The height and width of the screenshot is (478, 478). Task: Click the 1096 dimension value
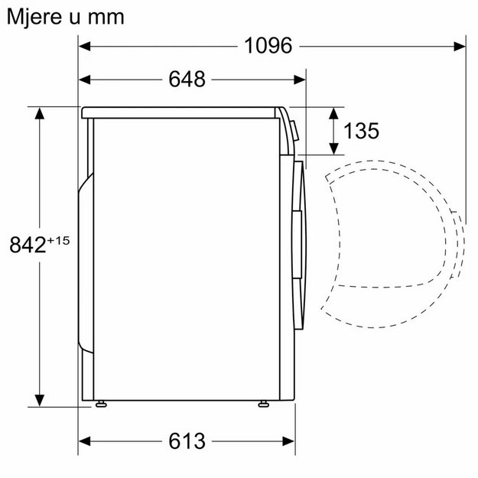tap(268, 46)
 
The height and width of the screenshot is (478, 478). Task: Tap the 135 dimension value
tap(361, 131)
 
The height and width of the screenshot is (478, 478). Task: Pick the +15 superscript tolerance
tap(59, 239)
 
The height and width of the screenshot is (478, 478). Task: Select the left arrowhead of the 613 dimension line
tap(84, 441)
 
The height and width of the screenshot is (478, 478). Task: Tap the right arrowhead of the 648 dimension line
tap(302, 79)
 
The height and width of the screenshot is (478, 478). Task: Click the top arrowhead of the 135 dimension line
tap(334, 112)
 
